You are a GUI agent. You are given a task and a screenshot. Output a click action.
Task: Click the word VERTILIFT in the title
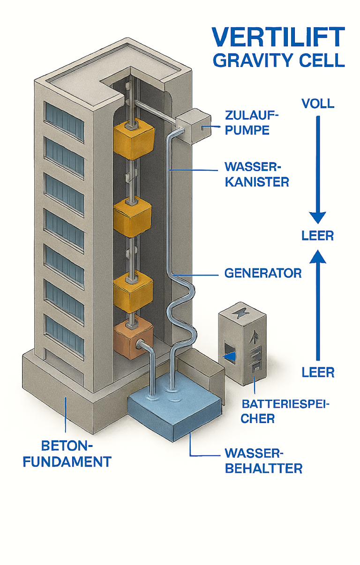pos(278,37)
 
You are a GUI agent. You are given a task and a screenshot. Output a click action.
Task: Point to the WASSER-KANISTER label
pos(256,174)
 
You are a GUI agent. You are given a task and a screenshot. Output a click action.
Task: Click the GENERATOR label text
pos(262,273)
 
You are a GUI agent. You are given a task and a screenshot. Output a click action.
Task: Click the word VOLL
pos(318,104)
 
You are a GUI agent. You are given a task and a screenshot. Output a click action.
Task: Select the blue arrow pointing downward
pos(318,169)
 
